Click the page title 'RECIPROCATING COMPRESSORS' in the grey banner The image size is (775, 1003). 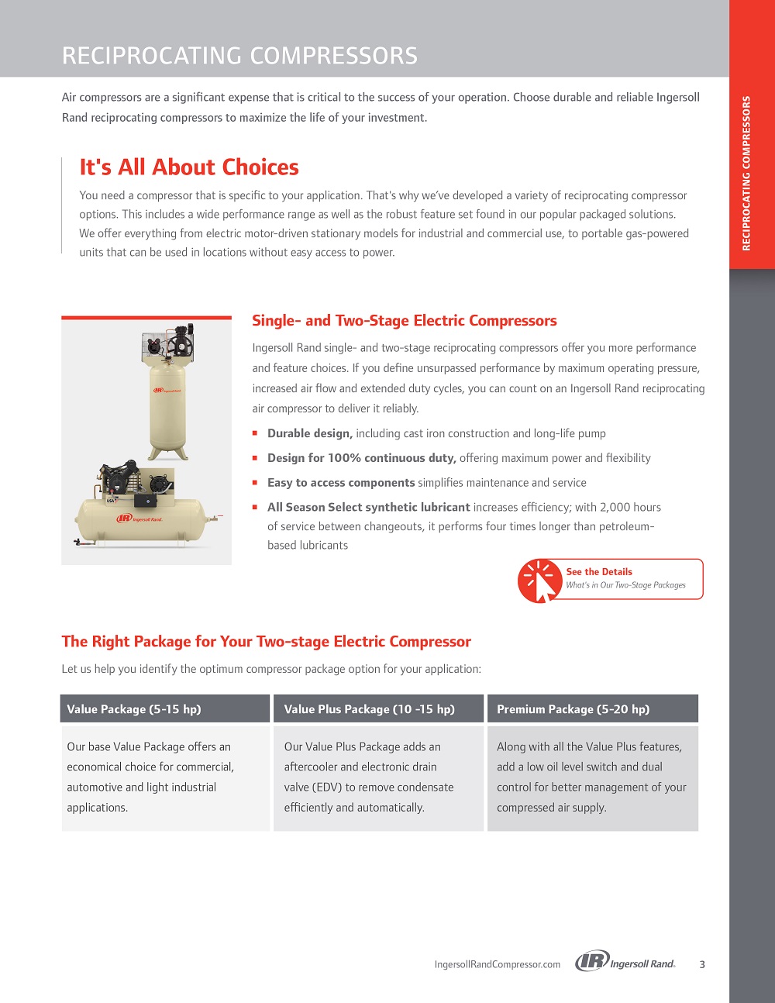pos(239,56)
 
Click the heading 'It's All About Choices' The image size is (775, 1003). pos(189,167)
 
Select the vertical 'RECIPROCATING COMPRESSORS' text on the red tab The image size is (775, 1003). pos(746,173)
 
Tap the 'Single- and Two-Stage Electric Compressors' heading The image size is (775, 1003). pos(404,321)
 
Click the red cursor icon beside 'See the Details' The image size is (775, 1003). pos(540,581)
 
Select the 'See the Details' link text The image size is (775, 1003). pos(598,572)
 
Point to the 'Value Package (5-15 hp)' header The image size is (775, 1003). pos(133,709)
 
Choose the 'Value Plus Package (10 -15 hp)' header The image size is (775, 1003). pos(369,709)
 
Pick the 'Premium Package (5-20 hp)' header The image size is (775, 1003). pos(573,709)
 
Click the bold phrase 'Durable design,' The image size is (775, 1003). pos(309,433)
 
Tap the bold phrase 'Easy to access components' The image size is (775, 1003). pos(341,482)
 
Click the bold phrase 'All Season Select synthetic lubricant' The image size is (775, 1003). pos(368,507)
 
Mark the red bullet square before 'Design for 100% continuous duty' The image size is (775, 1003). pos(255,458)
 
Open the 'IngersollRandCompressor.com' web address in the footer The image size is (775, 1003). pos(497,964)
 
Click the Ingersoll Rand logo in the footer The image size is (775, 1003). pos(625,963)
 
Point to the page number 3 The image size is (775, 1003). pos(702,964)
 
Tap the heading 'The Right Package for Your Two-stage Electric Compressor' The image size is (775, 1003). pos(266,642)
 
